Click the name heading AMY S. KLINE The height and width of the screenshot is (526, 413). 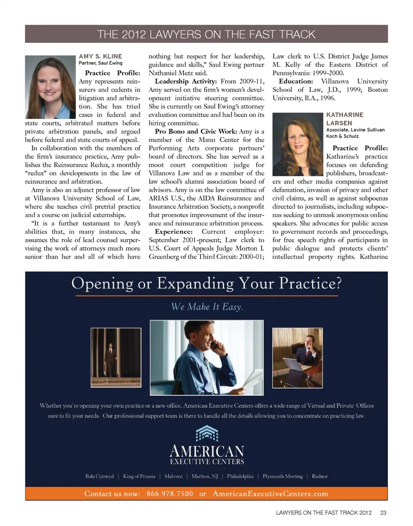click(x=100, y=56)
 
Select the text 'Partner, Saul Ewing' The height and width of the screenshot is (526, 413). click(x=101, y=63)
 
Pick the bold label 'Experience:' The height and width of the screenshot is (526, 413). click(x=173, y=233)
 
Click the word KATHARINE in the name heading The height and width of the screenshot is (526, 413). click(x=345, y=115)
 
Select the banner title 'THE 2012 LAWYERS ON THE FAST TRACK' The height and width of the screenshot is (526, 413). click(x=206, y=34)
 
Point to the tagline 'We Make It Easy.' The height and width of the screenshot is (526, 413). click(x=207, y=307)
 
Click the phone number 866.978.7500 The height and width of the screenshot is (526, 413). click(x=170, y=494)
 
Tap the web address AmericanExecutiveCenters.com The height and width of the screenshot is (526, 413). click(x=270, y=494)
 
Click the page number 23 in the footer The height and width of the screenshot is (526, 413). click(x=382, y=513)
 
